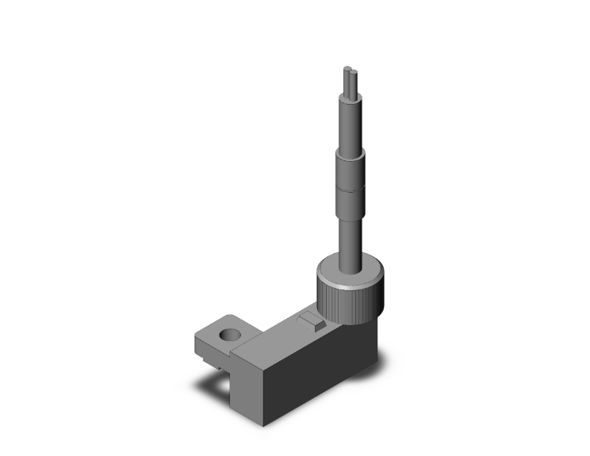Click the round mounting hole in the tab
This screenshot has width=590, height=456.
tap(230, 335)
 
